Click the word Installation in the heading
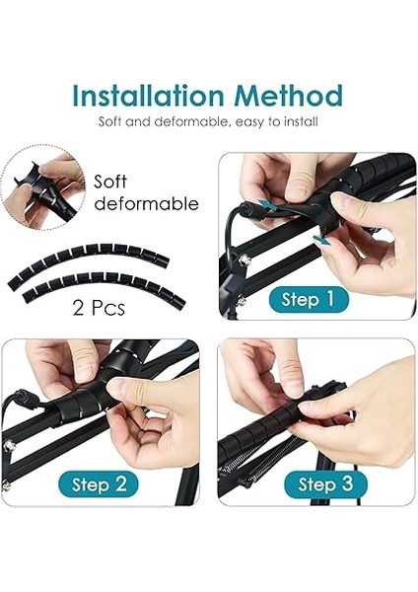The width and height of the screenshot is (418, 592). pyautogui.click(x=148, y=95)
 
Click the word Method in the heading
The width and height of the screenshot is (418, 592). pyautogui.click(x=288, y=95)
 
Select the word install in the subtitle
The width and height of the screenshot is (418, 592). pyautogui.click(x=301, y=121)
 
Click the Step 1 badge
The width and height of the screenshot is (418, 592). pyautogui.click(x=309, y=299)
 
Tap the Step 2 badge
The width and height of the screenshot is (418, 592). pyautogui.click(x=99, y=484)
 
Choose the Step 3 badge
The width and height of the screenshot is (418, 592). pyautogui.click(x=325, y=484)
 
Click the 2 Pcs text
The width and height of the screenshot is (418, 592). pyautogui.click(x=99, y=308)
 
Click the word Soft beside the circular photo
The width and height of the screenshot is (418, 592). pyautogui.click(x=110, y=182)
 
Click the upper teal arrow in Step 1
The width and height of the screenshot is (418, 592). pyautogui.click(x=268, y=205)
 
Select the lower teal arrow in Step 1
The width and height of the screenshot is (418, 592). pyautogui.click(x=320, y=241)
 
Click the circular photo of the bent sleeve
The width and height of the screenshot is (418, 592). pyautogui.click(x=43, y=187)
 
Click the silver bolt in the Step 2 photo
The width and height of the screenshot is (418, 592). pyautogui.click(x=10, y=446)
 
